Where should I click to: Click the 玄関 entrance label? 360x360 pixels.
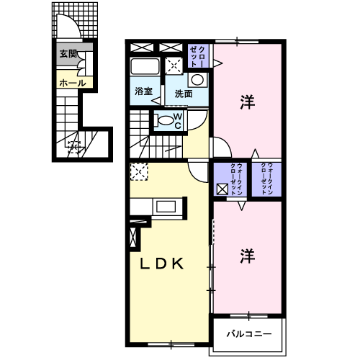pyautogui.click(x=68, y=54)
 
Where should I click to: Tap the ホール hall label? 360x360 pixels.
pyautogui.click(x=73, y=84)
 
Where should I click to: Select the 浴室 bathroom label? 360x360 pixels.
pyautogui.click(x=143, y=91)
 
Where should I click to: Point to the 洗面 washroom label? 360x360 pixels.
pyautogui.click(x=184, y=94)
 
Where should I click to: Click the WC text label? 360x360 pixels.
pyautogui.click(x=178, y=121)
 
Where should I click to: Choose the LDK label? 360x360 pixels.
pyautogui.click(x=162, y=264)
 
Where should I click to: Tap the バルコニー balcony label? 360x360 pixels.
pyautogui.click(x=249, y=334)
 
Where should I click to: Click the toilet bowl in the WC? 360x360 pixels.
pyautogui.click(x=166, y=120)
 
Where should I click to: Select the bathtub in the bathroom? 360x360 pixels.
pyautogui.click(x=145, y=66)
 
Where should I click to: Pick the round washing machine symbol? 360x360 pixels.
pyautogui.click(x=197, y=80)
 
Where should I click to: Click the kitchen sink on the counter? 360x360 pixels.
pyautogui.click(x=166, y=207)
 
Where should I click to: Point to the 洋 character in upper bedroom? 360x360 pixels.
pyautogui.click(x=248, y=102)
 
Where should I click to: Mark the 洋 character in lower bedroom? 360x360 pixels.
pyautogui.click(x=248, y=256)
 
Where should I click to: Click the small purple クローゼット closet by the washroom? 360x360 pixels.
pyautogui.click(x=198, y=55)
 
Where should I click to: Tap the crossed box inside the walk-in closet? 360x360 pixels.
pyautogui.click(x=222, y=189)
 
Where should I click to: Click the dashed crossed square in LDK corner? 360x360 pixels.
pyautogui.click(x=139, y=171)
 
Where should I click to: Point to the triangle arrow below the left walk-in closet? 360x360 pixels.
pyautogui.click(x=242, y=206)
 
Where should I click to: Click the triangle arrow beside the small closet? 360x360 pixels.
pyautogui.click(x=218, y=63)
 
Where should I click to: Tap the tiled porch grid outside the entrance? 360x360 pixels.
pyautogui.click(x=75, y=20)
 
